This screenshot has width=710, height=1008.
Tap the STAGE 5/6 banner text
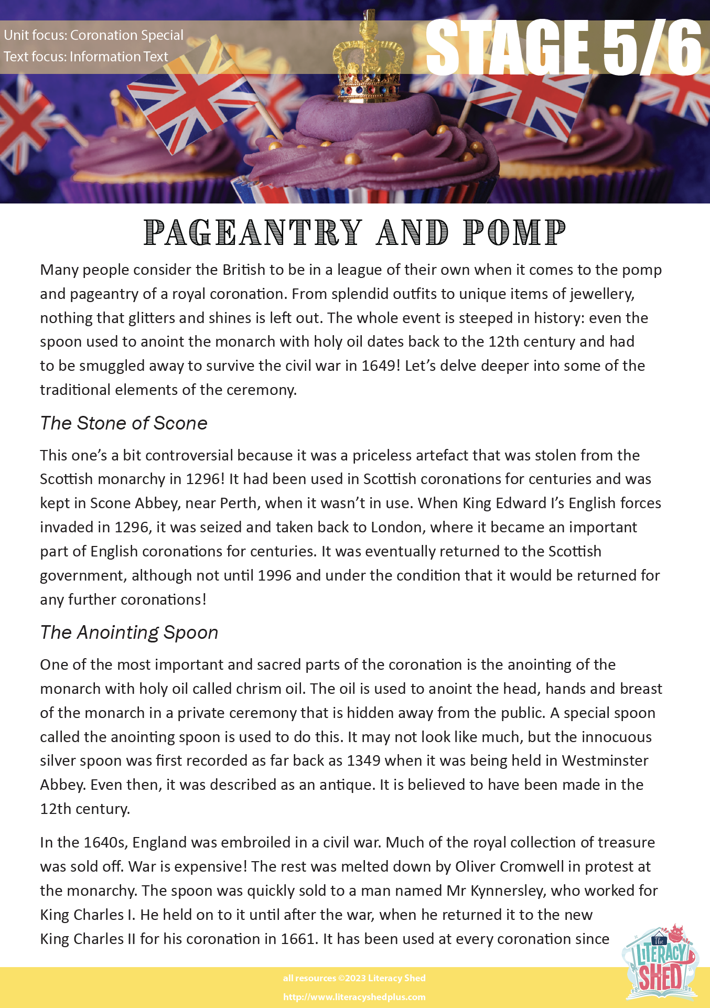coord(563,47)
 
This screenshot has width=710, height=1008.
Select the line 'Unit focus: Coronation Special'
coord(94,35)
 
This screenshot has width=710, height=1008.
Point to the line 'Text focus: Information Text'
coord(86,57)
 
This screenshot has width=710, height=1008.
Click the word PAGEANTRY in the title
coord(253,232)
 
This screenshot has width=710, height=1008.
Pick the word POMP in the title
coord(514,232)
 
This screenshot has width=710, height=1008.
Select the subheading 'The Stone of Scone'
coord(124,423)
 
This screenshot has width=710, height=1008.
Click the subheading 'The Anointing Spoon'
coord(129,632)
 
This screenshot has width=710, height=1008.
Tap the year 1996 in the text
coord(274,575)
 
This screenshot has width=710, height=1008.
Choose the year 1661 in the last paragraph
coord(298,939)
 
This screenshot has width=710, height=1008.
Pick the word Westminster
coord(605,760)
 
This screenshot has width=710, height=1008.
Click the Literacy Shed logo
coord(660,963)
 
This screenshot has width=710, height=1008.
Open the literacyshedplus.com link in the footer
coord(354,997)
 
